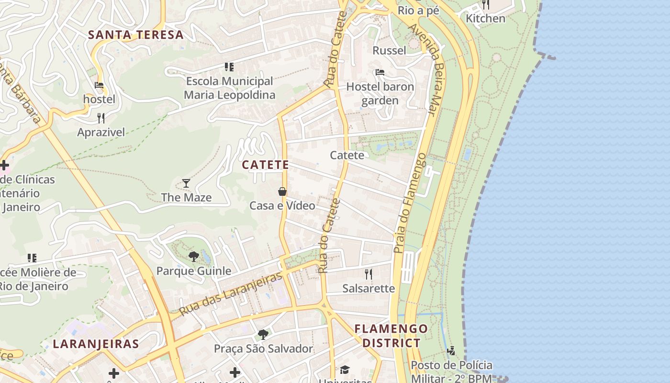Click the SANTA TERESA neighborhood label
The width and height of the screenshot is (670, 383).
[136, 34]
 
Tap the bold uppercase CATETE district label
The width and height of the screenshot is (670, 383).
[265, 165]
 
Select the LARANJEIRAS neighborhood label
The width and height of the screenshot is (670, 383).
[96, 344]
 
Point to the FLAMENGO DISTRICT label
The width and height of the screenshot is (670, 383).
[391, 336]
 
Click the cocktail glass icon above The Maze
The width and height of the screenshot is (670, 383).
[186, 183]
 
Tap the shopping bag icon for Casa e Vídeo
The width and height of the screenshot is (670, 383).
[282, 191]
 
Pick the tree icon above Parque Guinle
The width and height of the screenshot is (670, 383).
[193, 257]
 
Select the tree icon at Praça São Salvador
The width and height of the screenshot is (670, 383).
[263, 334]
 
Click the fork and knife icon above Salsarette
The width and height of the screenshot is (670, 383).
[368, 274]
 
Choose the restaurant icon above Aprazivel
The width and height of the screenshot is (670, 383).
[101, 118]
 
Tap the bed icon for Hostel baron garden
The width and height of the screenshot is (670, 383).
[380, 72]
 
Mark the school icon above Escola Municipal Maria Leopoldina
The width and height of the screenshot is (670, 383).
[229, 67]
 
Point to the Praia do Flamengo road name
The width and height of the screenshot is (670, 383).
[410, 203]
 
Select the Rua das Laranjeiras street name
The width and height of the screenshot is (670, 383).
[231, 294]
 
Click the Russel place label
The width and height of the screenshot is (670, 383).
[389, 50]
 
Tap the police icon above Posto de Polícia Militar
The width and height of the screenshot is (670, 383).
[451, 351]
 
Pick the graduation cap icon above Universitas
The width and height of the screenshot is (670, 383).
[345, 370]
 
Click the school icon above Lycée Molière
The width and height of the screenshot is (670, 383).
[32, 258]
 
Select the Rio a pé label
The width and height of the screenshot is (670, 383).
[418, 10]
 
